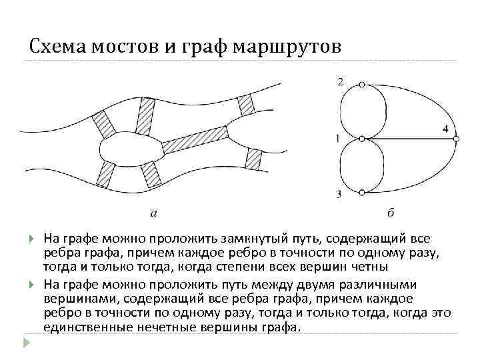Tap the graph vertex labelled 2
click(361, 85)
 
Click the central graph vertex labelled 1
click(361, 139)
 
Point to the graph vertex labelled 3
click(361, 193)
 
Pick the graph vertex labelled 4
click(457, 139)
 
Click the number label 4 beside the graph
click(445, 128)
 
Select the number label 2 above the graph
click(341, 81)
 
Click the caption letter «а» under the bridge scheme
click(155, 213)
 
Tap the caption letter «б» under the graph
click(391, 213)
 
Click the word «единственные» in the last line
click(83, 327)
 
